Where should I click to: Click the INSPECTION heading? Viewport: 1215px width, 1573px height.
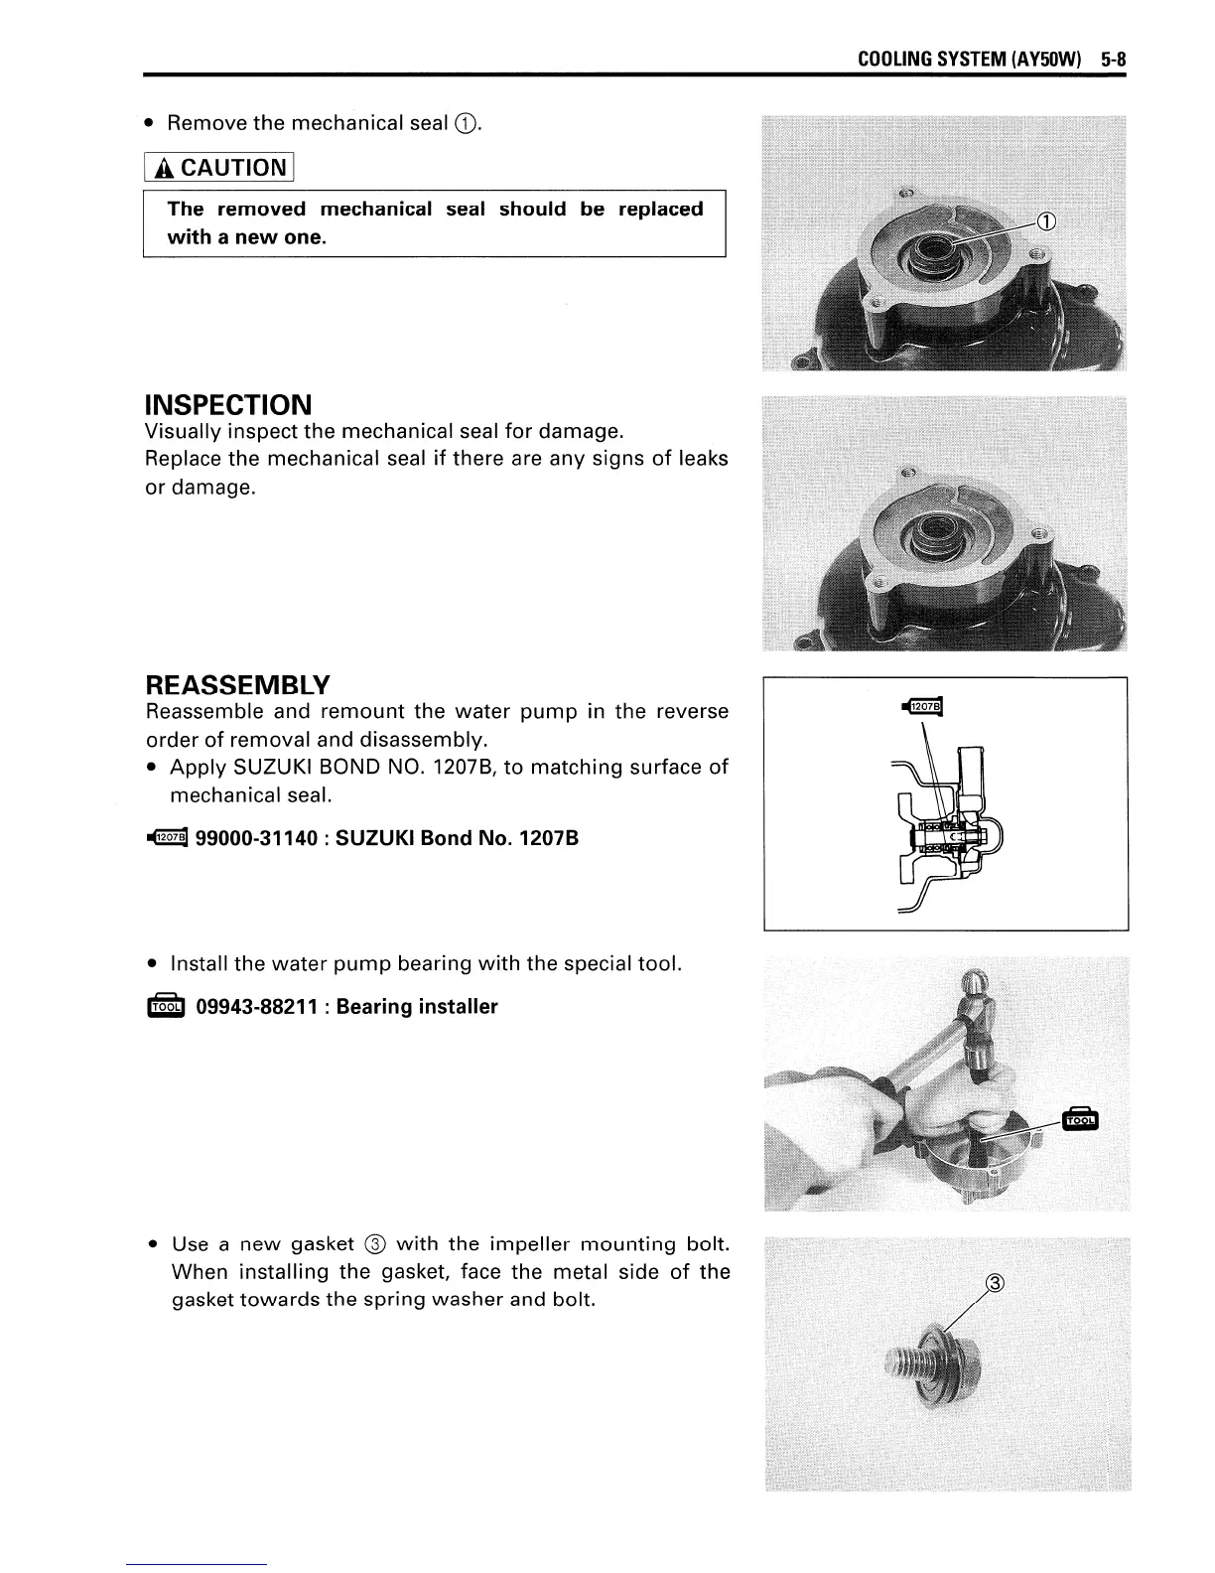pyautogui.click(x=228, y=405)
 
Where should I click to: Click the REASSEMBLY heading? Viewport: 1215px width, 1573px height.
pyautogui.click(x=237, y=685)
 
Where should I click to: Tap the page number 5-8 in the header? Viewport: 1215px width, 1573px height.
pyautogui.click(x=1114, y=60)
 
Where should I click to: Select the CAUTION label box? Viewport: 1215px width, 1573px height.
pyautogui.click(x=218, y=167)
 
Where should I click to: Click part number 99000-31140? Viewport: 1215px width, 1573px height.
pyautogui.click(x=258, y=838)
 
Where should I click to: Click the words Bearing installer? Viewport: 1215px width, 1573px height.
pyautogui.click(x=417, y=1007)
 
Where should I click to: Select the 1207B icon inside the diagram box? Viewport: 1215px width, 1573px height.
pyautogui.click(x=922, y=706)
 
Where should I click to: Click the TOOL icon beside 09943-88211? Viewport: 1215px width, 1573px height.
pyautogui.click(x=165, y=1007)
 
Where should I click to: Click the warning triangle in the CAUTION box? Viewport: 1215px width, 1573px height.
pyautogui.click(x=161, y=168)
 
